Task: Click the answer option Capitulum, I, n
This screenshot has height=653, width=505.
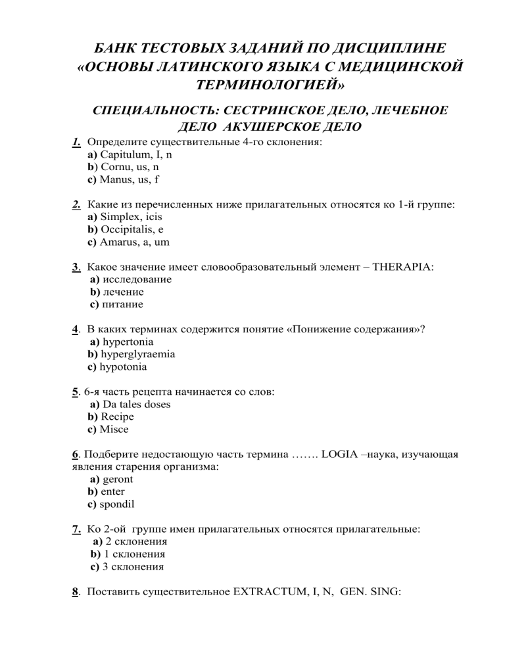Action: point(137,154)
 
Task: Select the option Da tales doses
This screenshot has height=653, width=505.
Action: point(137,405)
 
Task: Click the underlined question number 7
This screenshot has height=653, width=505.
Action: point(76,529)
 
